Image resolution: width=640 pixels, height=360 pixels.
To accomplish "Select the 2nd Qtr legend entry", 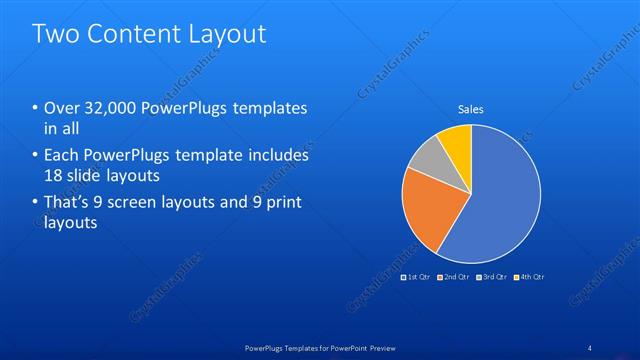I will pos(454,276).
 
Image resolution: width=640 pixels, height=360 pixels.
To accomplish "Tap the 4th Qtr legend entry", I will pos(531,276).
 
